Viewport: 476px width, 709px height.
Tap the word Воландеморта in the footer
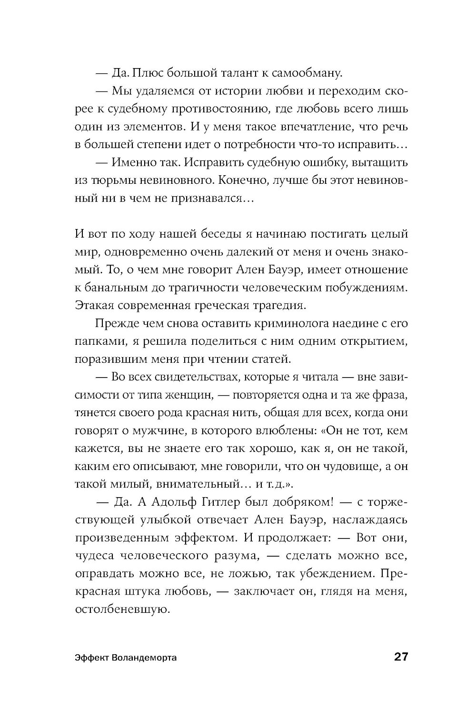145,658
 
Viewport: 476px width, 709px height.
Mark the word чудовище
347,466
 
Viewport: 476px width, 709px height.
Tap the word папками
96,341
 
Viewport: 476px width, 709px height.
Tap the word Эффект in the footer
91,658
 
